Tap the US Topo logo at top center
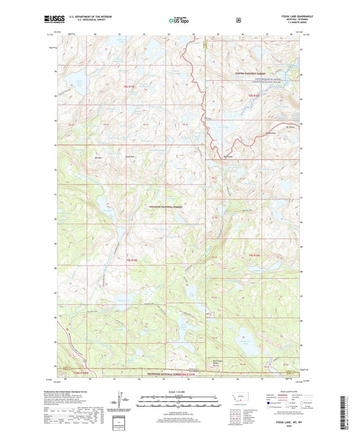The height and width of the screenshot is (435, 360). coord(179,20)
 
